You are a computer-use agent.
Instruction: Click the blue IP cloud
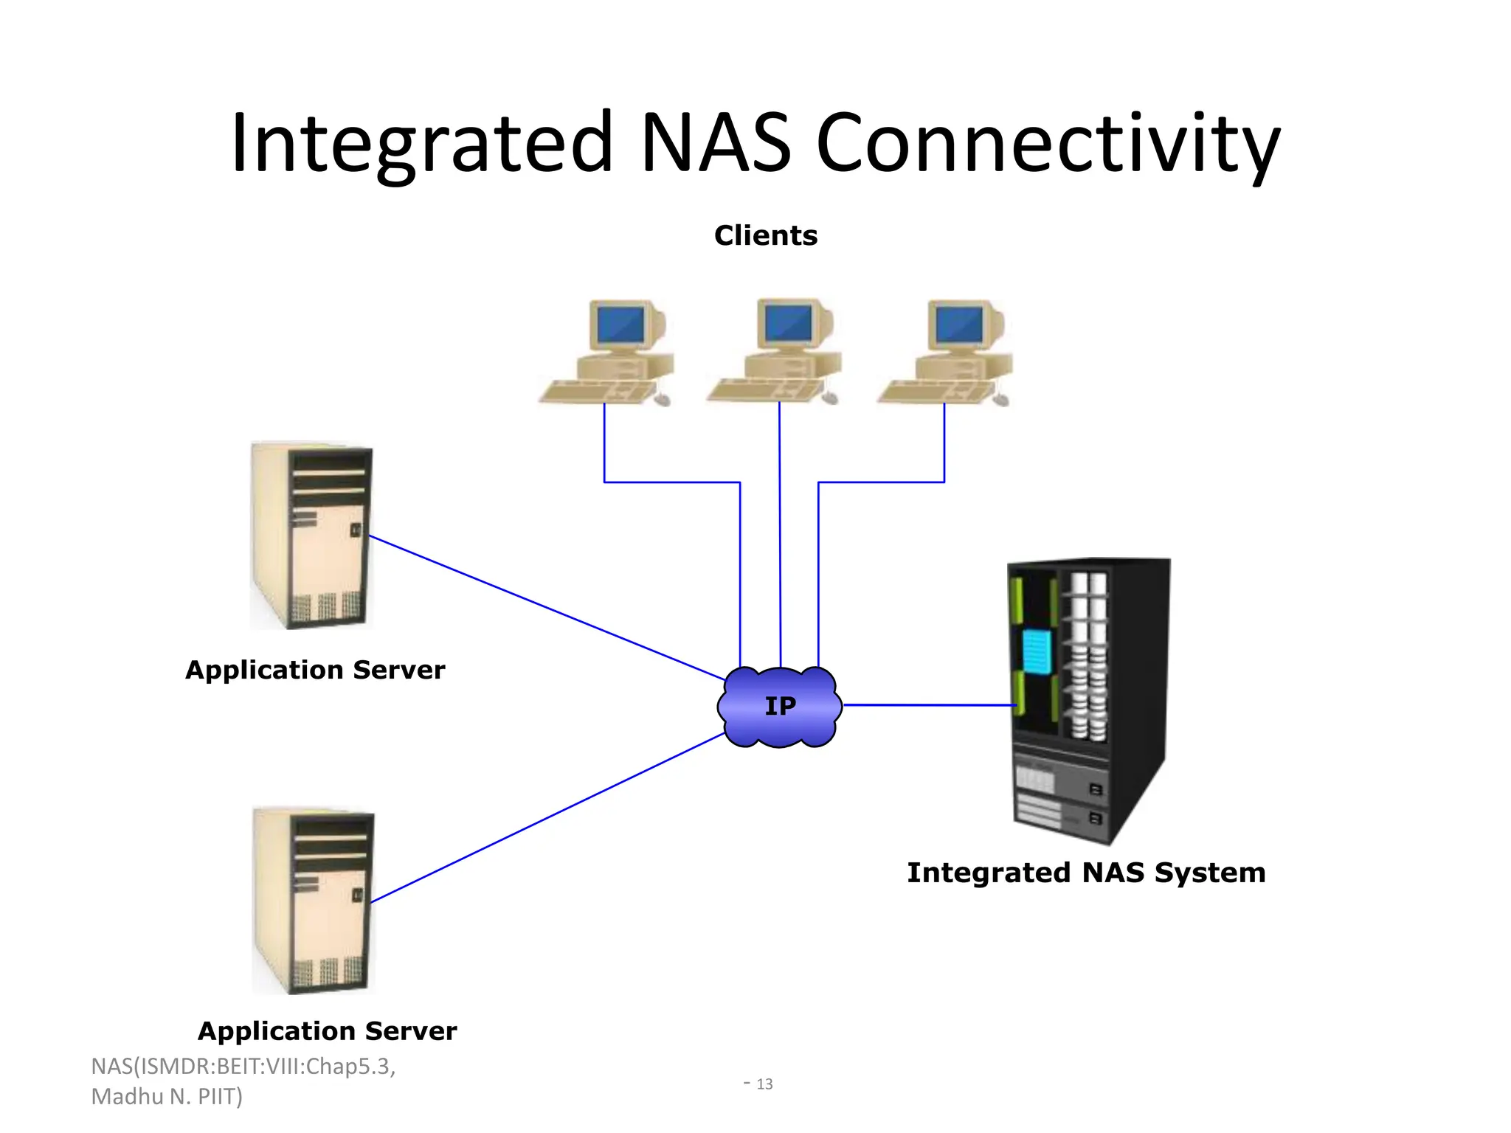tap(779, 707)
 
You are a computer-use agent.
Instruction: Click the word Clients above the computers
tap(765, 235)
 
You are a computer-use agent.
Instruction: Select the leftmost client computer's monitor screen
tap(620, 324)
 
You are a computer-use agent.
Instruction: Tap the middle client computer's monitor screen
tap(787, 322)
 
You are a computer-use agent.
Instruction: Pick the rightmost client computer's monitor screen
tap(958, 324)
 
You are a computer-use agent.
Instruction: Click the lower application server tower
tap(314, 901)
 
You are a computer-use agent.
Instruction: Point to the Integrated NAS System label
tap(1085, 873)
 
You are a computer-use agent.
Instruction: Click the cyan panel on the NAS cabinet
tap(1037, 651)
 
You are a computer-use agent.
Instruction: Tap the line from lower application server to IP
tap(546, 818)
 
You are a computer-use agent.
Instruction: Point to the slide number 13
tap(764, 1084)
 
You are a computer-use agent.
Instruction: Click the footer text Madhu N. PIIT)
tap(167, 1097)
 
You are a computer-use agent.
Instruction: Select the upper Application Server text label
tap(315, 670)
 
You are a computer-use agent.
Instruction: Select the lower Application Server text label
tap(327, 1030)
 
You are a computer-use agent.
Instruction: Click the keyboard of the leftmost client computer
tap(598, 391)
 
